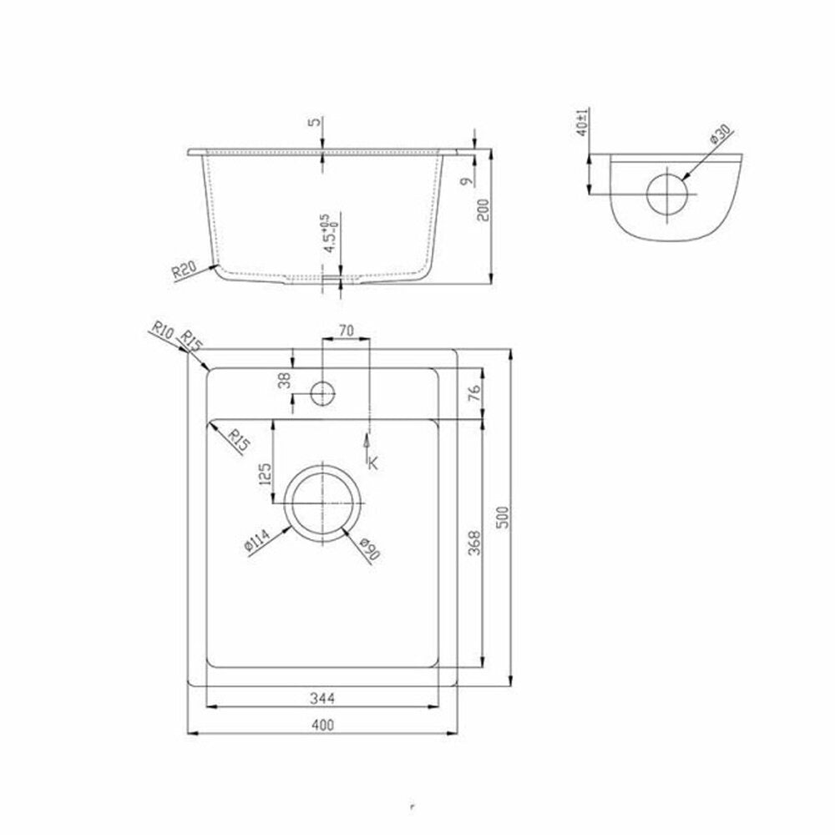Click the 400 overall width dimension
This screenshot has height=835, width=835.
pyautogui.click(x=322, y=725)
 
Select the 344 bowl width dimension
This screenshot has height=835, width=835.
pyautogui.click(x=322, y=698)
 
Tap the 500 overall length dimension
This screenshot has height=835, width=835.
pyautogui.click(x=502, y=517)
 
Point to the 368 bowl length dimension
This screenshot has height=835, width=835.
pyautogui.click(x=474, y=543)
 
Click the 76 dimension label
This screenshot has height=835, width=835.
pyautogui.click(x=474, y=392)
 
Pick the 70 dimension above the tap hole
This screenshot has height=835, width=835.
pyautogui.click(x=346, y=331)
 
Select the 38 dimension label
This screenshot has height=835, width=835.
pyautogui.click(x=286, y=380)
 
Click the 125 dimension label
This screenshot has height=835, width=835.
pyautogui.click(x=265, y=474)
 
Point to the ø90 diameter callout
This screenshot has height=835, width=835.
pyautogui.click(x=370, y=549)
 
